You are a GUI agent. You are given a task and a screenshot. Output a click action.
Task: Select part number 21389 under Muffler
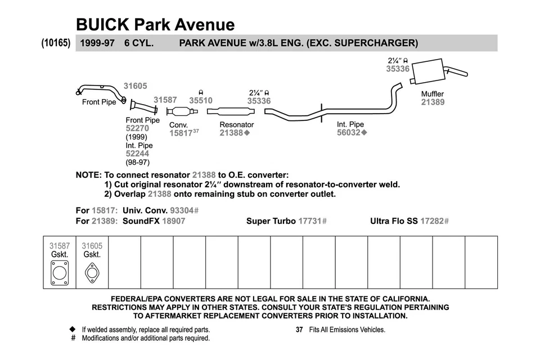433,102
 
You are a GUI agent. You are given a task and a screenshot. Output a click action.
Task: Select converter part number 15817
181,133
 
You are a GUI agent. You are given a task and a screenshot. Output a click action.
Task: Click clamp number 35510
201,101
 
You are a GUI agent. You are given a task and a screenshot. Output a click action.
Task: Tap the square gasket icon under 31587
59,274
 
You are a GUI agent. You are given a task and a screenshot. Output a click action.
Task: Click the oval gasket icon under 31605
92,273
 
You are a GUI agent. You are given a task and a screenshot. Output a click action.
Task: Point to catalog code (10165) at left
56,43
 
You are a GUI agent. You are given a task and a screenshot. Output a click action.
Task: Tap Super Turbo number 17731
309,221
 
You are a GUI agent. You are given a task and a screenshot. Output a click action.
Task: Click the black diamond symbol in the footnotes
72,329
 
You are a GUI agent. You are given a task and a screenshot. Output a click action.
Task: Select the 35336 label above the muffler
397,69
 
